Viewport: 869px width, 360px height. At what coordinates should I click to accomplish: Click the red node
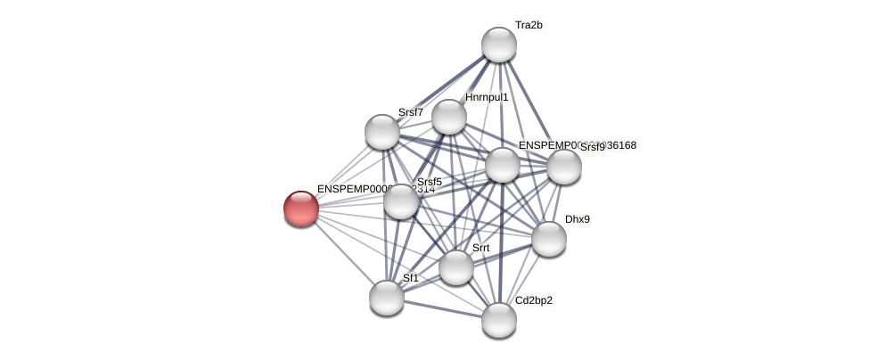click(x=301, y=209)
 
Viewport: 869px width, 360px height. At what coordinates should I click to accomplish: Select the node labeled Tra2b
click(x=499, y=45)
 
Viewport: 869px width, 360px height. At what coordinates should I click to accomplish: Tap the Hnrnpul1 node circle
click(x=449, y=117)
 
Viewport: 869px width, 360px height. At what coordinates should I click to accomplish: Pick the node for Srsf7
click(x=382, y=132)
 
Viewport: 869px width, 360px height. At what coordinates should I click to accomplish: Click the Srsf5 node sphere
click(x=401, y=201)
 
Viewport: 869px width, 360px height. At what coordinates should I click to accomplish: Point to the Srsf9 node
click(x=564, y=167)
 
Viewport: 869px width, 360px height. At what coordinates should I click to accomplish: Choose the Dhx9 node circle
click(x=549, y=238)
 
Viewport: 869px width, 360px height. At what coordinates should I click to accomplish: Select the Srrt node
click(x=456, y=267)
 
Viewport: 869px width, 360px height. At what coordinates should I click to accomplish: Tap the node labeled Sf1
click(x=387, y=297)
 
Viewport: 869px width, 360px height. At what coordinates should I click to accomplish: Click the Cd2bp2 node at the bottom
click(x=499, y=320)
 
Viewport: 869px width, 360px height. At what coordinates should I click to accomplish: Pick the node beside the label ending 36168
click(x=503, y=165)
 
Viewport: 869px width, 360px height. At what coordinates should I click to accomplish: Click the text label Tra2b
click(x=529, y=25)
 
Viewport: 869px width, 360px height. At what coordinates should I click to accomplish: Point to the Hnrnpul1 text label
click(x=487, y=97)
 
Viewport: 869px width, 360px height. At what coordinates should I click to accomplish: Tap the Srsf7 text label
click(x=410, y=112)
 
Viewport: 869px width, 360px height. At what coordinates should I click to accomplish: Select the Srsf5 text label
click(x=429, y=182)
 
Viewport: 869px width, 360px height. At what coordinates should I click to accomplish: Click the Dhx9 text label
click(x=577, y=219)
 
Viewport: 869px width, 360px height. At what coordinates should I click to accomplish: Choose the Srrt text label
click(x=480, y=248)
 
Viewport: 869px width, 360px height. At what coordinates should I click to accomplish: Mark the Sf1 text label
click(x=410, y=278)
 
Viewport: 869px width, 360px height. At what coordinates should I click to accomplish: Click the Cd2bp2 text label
click(x=533, y=300)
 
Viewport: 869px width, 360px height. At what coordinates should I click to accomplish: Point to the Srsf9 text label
click(x=593, y=148)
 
